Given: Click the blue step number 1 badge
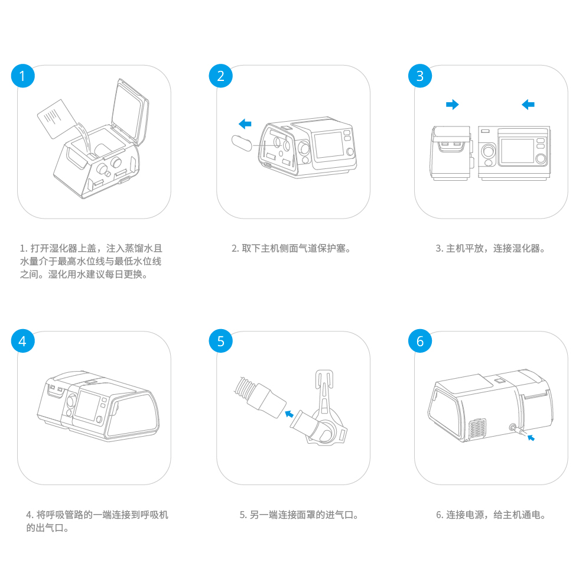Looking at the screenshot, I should [22, 76].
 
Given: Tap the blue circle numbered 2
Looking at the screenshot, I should [221, 76].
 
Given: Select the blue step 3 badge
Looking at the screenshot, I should [420, 76].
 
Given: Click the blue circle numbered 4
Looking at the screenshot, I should [22, 342].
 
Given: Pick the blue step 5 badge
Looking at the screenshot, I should [221, 342].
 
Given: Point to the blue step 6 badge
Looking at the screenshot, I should [420, 342].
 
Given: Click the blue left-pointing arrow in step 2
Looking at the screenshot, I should [245, 124].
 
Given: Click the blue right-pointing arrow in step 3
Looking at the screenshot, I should [452, 105].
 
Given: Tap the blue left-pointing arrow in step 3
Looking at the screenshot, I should [528, 105].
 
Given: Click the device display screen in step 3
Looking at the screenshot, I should [516, 151].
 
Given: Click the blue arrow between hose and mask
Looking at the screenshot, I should [289, 413].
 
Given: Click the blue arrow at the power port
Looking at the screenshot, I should [532, 438].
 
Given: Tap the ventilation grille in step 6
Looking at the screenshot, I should [478, 431].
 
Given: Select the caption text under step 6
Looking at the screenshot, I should [491, 515].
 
